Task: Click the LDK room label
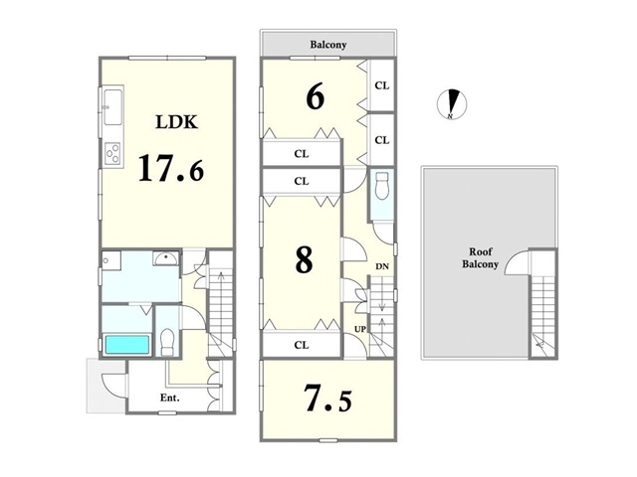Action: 177,121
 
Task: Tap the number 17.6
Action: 171,168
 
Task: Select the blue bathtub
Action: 127,345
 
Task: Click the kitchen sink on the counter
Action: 112,107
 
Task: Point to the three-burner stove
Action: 112,153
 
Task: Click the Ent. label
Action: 170,397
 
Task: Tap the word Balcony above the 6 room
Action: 328,45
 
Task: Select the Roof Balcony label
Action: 480,258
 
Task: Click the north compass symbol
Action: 451,103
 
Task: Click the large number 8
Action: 304,259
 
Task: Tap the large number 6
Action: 316,96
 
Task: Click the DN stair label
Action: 382,266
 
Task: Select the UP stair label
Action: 360,329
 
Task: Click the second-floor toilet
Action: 382,186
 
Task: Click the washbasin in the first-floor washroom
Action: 166,258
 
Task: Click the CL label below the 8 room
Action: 302,345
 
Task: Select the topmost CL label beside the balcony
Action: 382,85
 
